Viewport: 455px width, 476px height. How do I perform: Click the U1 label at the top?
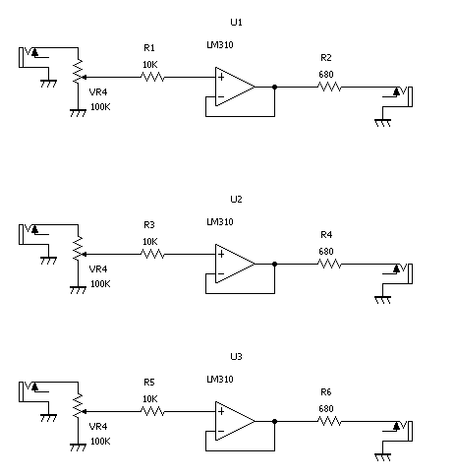[x=236, y=23]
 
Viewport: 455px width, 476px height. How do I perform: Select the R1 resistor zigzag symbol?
[x=152, y=78]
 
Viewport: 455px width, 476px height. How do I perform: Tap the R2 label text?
[x=326, y=58]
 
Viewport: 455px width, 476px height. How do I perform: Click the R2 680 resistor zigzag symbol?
[x=329, y=88]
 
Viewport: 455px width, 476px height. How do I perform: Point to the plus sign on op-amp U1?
[x=221, y=77]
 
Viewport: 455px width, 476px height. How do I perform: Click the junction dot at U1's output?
[x=274, y=87]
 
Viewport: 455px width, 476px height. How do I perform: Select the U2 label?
[x=236, y=200]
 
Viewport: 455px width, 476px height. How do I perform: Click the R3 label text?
[x=149, y=225]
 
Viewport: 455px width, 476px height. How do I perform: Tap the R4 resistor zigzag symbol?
[x=329, y=264]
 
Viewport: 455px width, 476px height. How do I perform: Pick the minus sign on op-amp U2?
[x=221, y=273]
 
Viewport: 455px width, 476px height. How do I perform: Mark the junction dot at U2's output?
[x=274, y=264]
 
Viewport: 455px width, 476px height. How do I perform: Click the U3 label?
[x=236, y=357]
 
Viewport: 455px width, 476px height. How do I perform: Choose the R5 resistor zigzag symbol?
[x=152, y=411]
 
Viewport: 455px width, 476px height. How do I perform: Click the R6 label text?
[x=326, y=392]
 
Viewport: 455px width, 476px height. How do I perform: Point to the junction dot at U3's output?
[x=274, y=421]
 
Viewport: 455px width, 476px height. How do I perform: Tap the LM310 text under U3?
[x=220, y=380]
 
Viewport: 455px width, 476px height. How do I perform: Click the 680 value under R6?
[x=326, y=409]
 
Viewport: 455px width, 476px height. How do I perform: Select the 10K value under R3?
[x=150, y=242]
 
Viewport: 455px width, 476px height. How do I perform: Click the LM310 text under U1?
[x=220, y=45]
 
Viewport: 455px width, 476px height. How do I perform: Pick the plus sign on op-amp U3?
[x=221, y=411]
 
